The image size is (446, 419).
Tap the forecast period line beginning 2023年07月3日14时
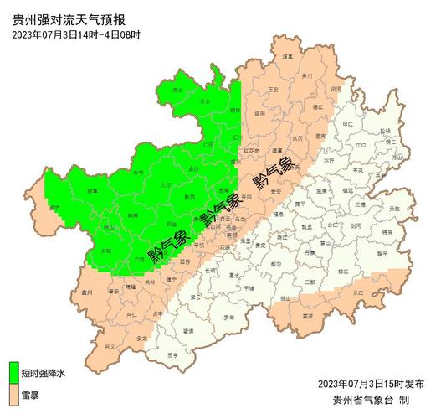[x=76, y=34]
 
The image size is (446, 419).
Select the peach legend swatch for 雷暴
[x=14, y=391]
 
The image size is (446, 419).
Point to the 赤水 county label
[x=177, y=90]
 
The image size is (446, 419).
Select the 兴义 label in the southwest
[x=110, y=345]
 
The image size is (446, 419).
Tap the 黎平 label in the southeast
[x=381, y=251]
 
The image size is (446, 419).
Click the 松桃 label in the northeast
[x=384, y=132]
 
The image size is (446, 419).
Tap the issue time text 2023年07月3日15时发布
[x=371, y=384]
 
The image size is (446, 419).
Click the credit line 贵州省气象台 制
[x=371, y=400]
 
